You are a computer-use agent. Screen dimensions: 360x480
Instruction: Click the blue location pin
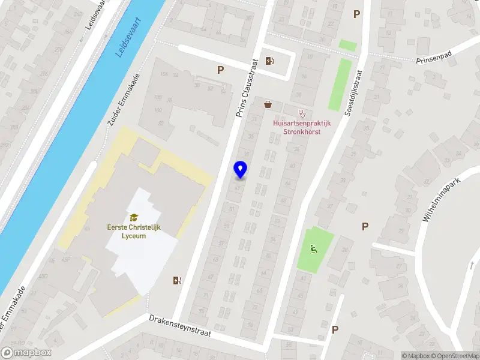coord(241,170)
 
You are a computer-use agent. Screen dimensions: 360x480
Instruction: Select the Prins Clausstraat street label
coord(247,88)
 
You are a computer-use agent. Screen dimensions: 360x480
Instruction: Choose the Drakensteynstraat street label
coord(181,327)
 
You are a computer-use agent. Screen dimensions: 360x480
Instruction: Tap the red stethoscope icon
coord(302,112)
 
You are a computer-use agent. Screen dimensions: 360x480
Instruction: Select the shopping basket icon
coord(268,104)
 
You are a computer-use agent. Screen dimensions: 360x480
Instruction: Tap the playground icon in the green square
coord(313,248)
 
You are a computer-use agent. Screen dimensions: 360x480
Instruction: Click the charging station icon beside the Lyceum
coord(177,280)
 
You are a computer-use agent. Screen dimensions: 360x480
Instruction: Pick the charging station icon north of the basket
coord(270,61)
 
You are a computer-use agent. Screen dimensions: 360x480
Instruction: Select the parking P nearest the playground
coord(365,226)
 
